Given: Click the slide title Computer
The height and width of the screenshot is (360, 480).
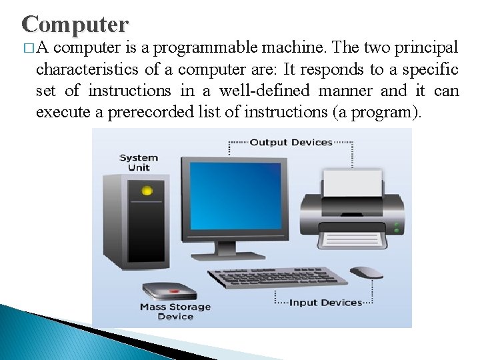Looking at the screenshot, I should point(75,25).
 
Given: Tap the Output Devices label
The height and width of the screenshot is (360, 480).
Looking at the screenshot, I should point(291,142).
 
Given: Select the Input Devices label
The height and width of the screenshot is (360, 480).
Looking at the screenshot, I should point(325,303).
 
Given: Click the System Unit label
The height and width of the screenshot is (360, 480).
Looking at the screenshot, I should point(139,163).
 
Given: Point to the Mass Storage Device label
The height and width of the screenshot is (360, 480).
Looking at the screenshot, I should point(175,311).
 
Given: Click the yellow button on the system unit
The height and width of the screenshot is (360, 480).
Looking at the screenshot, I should point(147,191).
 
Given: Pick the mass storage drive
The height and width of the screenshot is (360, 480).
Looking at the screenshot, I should point(170,291).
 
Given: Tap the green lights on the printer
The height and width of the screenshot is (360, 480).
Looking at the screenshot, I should point(397,226).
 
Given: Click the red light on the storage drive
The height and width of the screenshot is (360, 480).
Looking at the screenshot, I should point(175,291).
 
